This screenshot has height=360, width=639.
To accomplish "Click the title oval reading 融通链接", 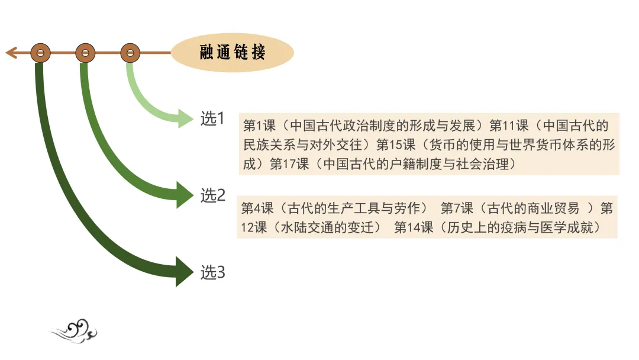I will pos(232,53).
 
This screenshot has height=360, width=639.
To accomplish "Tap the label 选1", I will pos(212,119).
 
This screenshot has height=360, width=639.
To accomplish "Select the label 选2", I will pos(213,195).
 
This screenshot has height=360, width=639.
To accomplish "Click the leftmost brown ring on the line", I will pos(40,53).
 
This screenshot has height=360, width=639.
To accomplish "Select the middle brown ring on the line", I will pos(85,53).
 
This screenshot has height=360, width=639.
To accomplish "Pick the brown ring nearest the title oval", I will pos(130,53).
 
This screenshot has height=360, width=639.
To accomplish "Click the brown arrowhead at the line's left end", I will pos(11,53).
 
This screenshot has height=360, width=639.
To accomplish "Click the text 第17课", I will pos(289,164).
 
